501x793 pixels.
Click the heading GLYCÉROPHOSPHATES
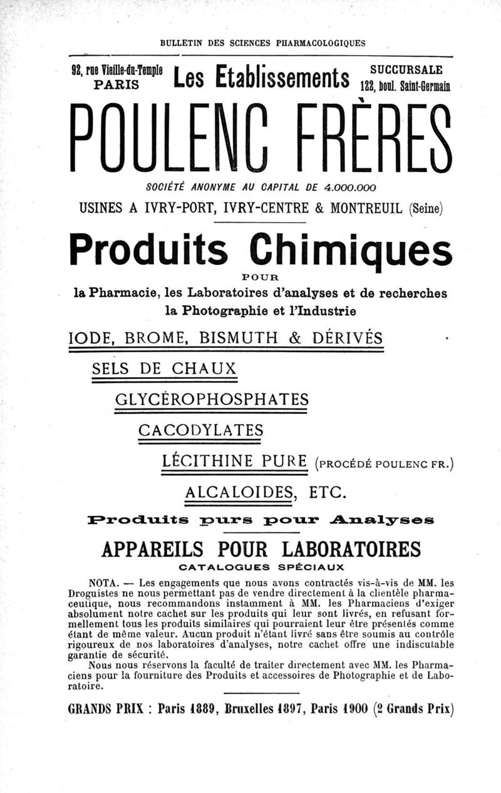(x=212, y=399)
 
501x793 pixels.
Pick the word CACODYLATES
(x=200, y=430)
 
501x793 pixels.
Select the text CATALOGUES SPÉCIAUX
(x=261, y=568)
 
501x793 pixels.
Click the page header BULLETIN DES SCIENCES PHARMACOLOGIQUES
(x=262, y=44)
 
